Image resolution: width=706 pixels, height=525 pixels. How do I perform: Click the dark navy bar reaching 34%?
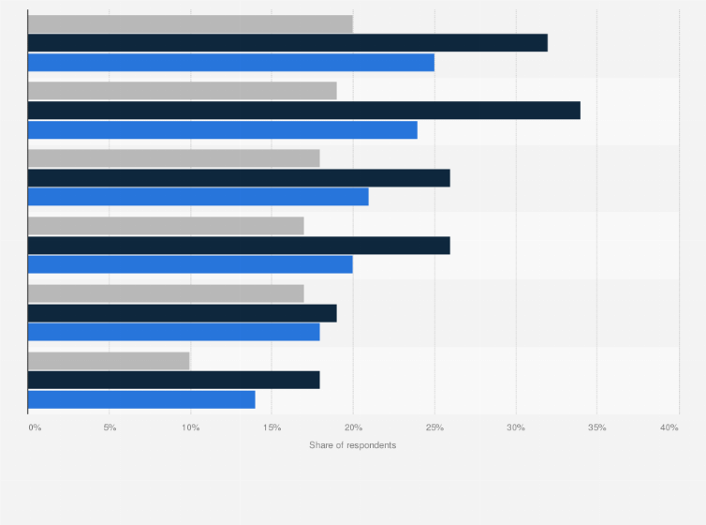pos(304,111)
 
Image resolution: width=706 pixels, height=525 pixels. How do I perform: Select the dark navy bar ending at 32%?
pos(287,43)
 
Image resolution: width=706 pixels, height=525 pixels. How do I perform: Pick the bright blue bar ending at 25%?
pos(231,63)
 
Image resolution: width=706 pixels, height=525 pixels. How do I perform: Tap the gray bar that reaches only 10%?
pos(109,361)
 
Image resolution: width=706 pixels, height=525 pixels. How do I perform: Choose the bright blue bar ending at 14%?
pos(141,399)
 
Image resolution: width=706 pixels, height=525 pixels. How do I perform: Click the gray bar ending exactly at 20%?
pos(190,23)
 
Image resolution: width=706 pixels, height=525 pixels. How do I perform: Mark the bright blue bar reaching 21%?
pos(199,197)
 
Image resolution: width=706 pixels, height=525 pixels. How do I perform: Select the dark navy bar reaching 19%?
pos(182,313)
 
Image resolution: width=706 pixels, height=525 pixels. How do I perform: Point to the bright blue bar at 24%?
pos(223,130)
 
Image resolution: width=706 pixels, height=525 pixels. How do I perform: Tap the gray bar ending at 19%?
pos(182,91)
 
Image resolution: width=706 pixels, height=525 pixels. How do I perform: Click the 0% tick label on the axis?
pos(35,427)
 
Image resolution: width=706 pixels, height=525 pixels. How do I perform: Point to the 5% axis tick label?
pos(110,427)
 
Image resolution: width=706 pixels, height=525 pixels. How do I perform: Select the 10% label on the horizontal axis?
pos(190,427)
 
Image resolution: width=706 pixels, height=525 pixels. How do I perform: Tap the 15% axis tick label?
pos(272,427)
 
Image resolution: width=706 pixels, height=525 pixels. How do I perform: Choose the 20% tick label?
pos(353,427)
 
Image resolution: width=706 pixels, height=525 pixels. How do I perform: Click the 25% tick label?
pos(434,427)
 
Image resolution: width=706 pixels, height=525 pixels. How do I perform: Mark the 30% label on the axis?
pos(516,427)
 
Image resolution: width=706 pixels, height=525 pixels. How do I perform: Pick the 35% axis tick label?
pos(596,427)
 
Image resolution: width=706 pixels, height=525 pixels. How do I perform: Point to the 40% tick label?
pos(669,427)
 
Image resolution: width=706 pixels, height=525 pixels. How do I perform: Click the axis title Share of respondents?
pos(352,444)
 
